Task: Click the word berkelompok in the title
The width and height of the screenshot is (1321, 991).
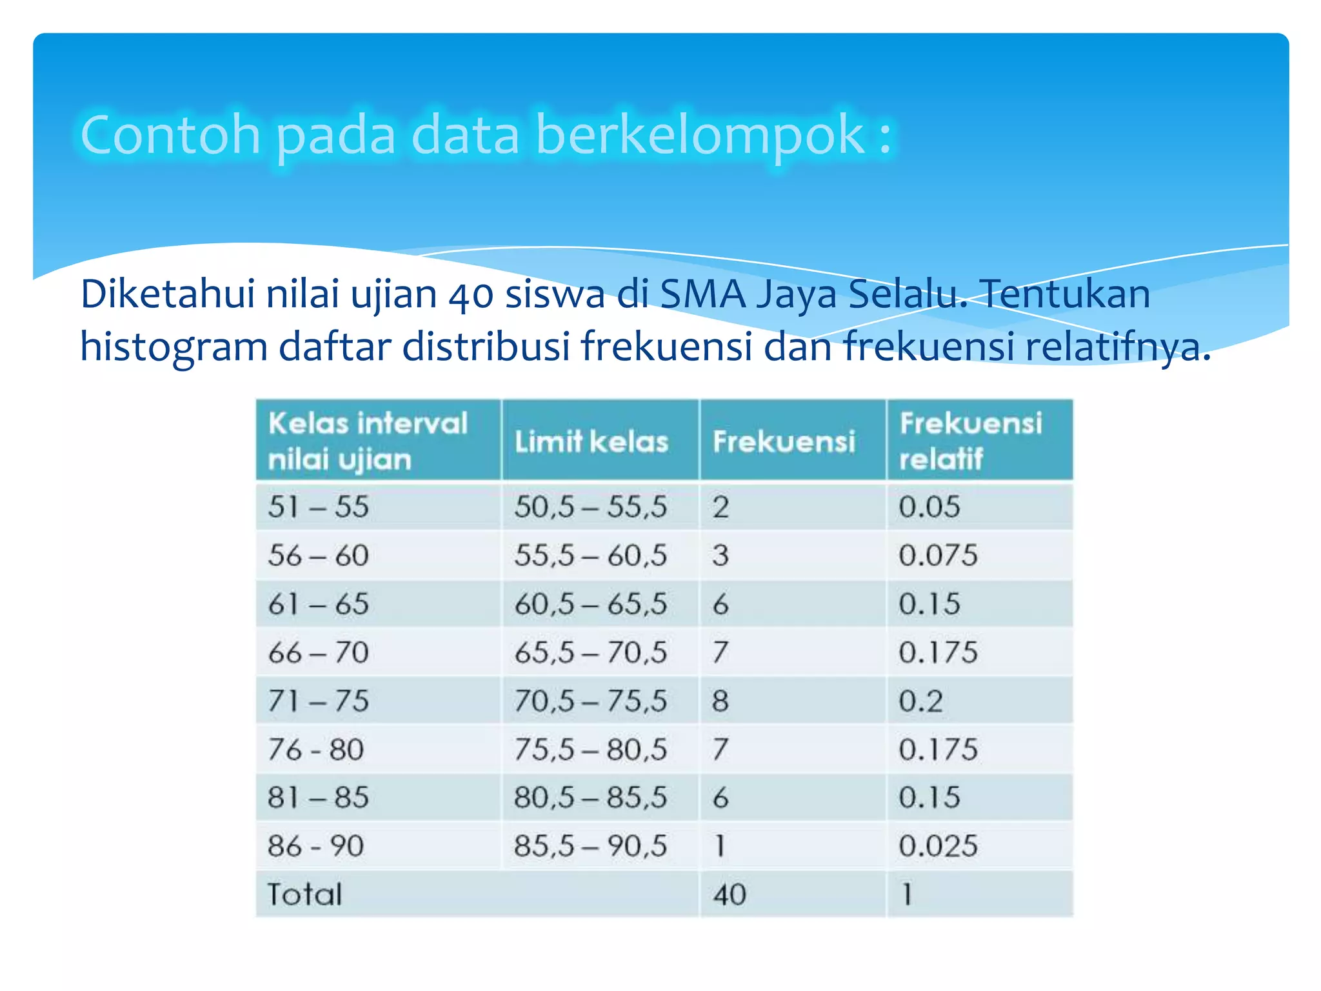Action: (700, 135)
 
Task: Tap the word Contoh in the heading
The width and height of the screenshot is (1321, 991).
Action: (170, 135)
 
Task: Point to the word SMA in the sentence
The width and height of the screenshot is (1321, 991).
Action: (703, 294)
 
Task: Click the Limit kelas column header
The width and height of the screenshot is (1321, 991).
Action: (591, 442)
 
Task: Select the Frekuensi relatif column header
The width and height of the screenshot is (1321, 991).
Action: (970, 441)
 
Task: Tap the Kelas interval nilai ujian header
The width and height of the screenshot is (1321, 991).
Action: (368, 441)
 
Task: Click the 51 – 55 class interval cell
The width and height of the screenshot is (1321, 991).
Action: (319, 506)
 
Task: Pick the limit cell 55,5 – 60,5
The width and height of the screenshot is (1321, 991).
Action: (590, 556)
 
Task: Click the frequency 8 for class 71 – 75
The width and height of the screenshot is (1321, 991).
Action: (720, 701)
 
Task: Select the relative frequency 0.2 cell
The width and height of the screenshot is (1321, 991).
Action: (920, 701)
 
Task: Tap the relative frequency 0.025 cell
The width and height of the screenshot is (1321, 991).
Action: (938, 846)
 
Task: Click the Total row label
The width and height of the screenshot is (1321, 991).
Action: (304, 894)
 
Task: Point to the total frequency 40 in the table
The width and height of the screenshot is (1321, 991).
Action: (730, 894)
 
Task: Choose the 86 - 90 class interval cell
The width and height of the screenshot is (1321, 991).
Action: (316, 846)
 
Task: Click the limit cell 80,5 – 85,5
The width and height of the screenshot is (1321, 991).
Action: (590, 797)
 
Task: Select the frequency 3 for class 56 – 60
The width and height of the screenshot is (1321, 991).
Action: (720, 556)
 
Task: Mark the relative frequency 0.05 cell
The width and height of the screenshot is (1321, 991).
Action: (929, 506)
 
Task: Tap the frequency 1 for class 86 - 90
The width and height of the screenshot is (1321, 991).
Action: (720, 846)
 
